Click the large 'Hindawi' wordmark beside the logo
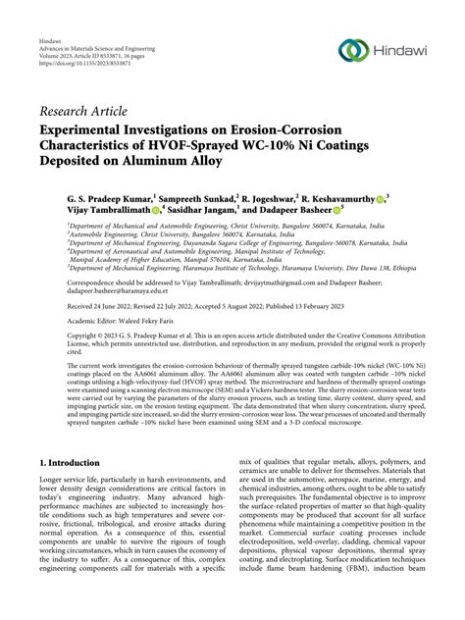[x=409, y=51]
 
